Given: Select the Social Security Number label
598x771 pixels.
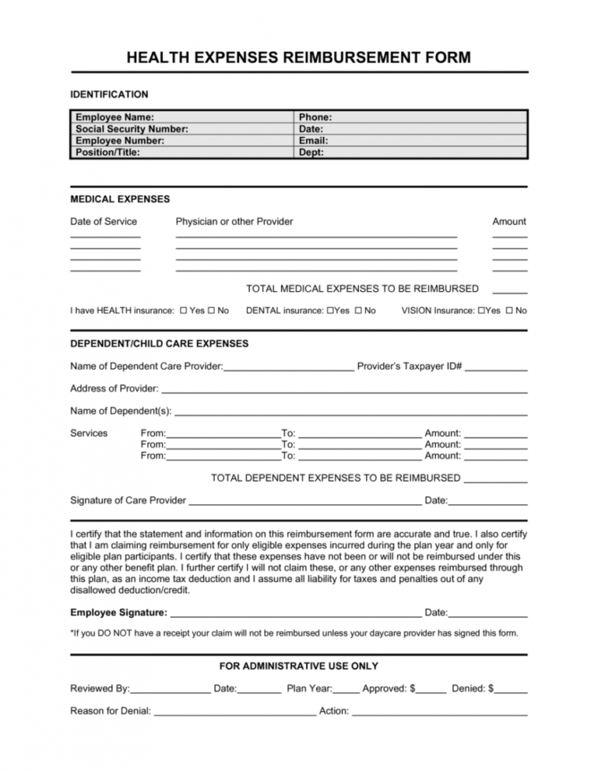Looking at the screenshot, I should (x=132, y=129).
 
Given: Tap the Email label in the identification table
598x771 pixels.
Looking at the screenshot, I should (x=313, y=141).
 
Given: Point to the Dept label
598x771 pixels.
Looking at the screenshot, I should (x=311, y=152).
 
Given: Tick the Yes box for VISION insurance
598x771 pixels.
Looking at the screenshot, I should (x=481, y=311).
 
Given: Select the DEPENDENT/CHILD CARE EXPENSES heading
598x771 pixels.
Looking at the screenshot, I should (x=160, y=343).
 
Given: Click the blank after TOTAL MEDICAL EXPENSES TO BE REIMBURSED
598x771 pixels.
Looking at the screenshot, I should (x=510, y=291).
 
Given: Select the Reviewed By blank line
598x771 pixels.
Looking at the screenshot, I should (x=171, y=691).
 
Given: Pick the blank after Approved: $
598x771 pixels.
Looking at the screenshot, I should (x=432, y=691).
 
